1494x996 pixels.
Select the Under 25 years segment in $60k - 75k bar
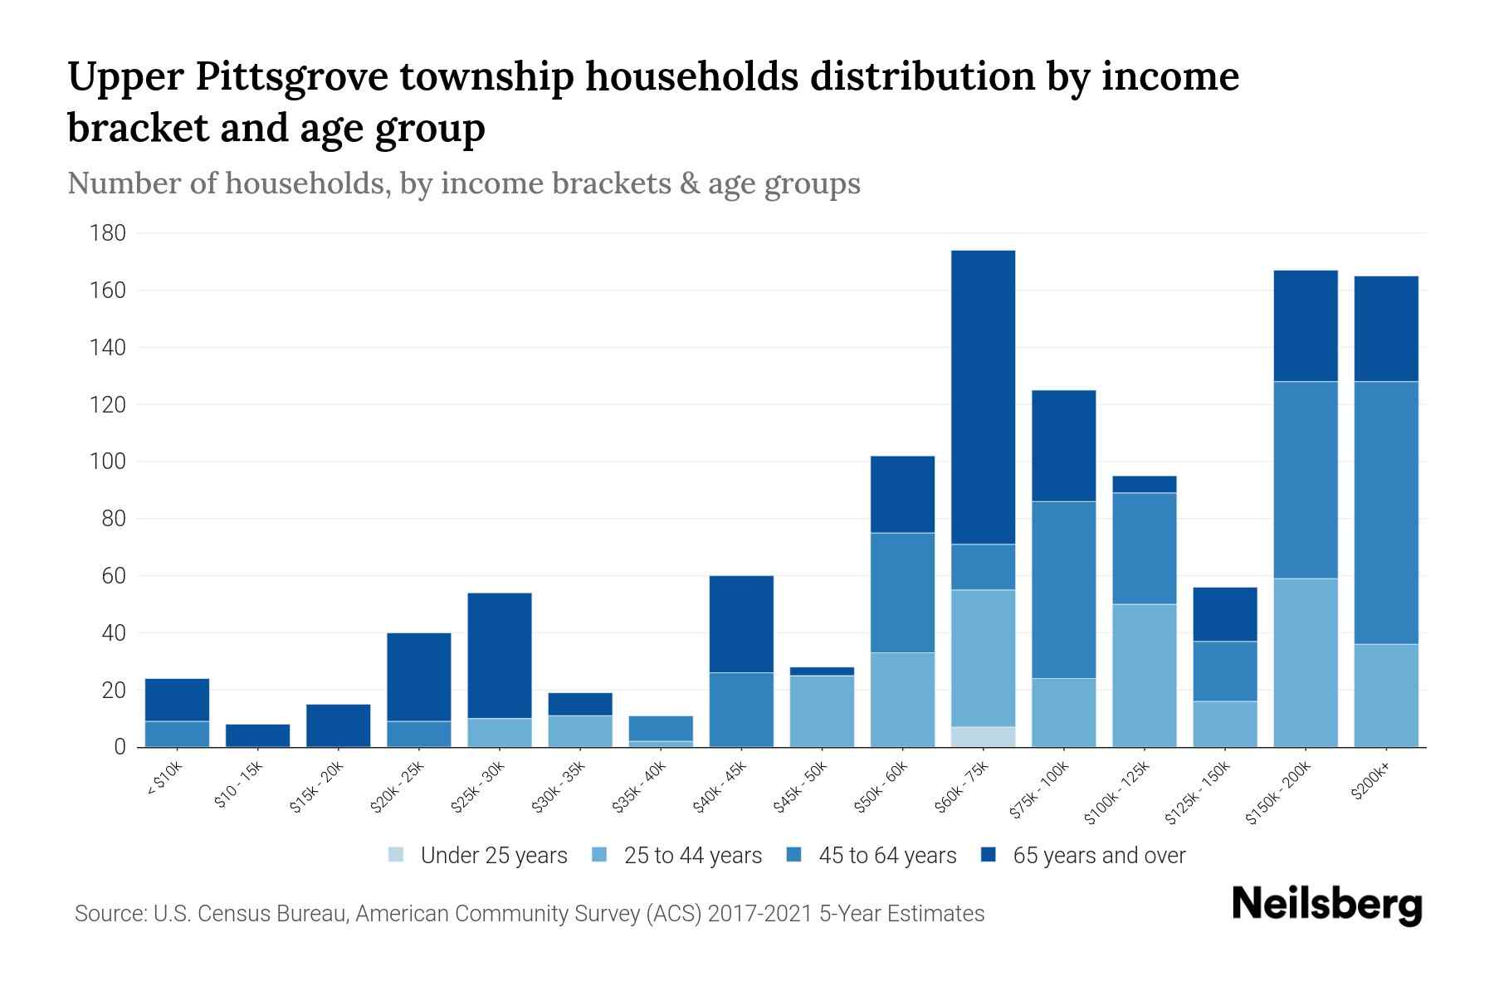[x=983, y=737]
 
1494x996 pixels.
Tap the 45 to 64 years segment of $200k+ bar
[x=1386, y=512]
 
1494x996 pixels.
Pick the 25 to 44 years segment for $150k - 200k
[x=1306, y=662]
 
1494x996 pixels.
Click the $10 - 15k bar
[x=257, y=735]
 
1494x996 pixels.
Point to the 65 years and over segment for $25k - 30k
[x=500, y=655]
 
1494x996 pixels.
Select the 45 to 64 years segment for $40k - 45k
[x=741, y=710]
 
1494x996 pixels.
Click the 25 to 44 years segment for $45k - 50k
[x=822, y=711]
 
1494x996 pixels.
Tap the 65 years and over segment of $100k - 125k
[x=1145, y=484]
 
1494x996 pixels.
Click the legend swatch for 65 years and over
[x=988, y=855]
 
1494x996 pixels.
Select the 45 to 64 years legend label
[x=887, y=856]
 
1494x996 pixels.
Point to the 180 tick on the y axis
[x=108, y=233]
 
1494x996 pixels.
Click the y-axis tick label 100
[x=108, y=461]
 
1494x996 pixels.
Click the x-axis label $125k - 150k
[x=1201, y=793]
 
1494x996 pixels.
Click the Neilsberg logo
[x=1326, y=905]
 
